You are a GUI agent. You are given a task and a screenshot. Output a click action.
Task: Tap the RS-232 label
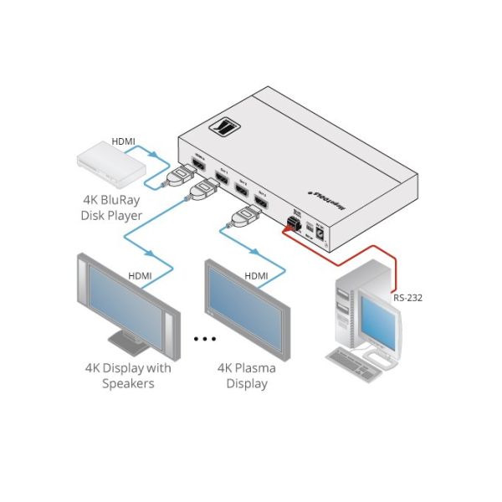pyautogui.click(x=408, y=296)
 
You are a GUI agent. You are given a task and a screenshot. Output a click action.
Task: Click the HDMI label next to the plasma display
pyautogui.click(x=255, y=275)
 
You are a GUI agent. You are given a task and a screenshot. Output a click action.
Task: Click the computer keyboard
pyautogui.click(x=356, y=361)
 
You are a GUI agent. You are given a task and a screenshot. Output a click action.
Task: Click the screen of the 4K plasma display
pyautogui.click(x=248, y=301)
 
